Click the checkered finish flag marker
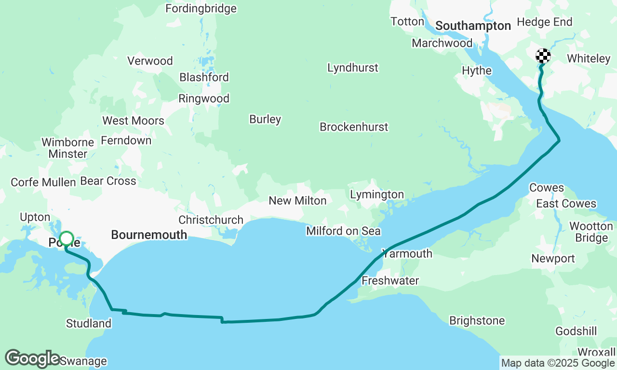point(543,56)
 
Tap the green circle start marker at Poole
point(67,238)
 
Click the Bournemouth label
point(149,235)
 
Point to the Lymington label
point(377,195)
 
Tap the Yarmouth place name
point(407,253)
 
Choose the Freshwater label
point(390,280)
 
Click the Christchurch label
point(211,220)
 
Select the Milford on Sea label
point(343,231)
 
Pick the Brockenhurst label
point(354,127)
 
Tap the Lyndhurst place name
point(353,68)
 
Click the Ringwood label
point(204,99)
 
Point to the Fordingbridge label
point(201,9)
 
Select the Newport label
point(553,259)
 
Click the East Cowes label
point(566,204)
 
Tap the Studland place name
point(89,324)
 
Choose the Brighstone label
point(477,321)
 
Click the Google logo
point(32,359)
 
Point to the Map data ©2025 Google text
point(558,363)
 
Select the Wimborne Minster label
point(67,148)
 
